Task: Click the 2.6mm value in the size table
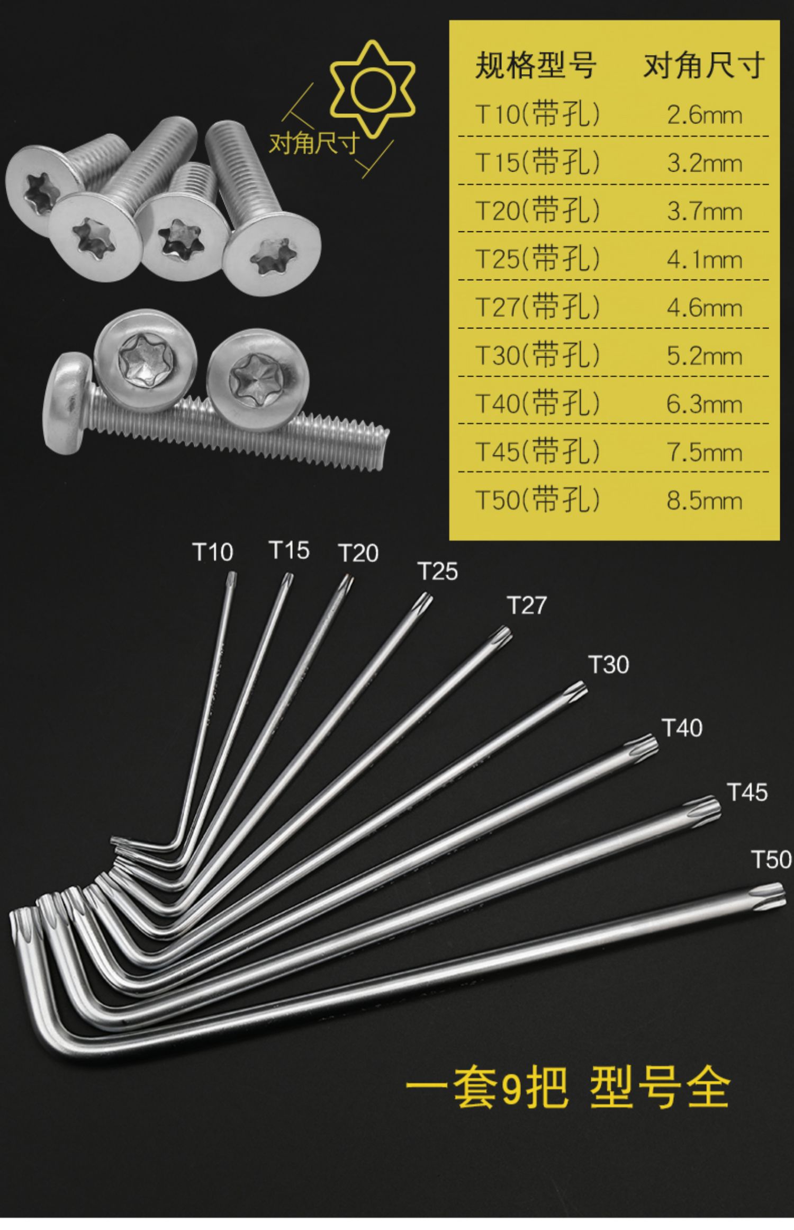704,115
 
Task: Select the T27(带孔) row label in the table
538,307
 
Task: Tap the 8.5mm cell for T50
704,501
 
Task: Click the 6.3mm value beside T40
704,404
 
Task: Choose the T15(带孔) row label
538,163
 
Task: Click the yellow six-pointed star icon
373,87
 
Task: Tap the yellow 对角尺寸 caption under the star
314,143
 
